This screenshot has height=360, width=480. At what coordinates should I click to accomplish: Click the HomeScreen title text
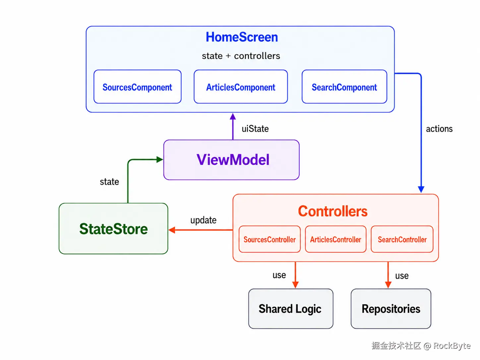[x=242, y=37]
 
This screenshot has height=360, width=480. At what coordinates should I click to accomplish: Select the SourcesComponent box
[x=137, y=87]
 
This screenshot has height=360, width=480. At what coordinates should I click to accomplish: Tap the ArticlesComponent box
[x=241, y=87]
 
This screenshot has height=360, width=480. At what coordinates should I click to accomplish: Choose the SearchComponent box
[x=344, y=87]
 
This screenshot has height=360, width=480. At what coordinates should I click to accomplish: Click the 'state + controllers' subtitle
[x=241, y=56]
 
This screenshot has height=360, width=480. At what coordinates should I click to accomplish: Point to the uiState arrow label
[x=255, y=129]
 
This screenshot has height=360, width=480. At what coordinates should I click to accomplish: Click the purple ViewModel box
[x=231, y=160]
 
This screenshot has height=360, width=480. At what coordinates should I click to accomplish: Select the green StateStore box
[x=113, y=228]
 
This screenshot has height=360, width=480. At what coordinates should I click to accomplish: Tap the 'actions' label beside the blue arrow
[x=439, y=129]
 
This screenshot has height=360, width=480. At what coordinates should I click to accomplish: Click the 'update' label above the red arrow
[x=204, y=220]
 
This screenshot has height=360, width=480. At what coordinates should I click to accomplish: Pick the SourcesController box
[x=270, y=239]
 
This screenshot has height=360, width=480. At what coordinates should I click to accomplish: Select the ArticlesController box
[x=335, y=239]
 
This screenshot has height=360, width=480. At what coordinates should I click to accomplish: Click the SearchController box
[x=402, y=239]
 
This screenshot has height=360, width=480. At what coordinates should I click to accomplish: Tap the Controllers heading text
[x=332, y=211]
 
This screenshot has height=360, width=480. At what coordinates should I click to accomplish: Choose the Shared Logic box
[x=291, y=309]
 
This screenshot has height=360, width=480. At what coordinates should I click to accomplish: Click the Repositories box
[x=391, y=309]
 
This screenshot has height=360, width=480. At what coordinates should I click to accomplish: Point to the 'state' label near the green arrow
[x=109, y=182]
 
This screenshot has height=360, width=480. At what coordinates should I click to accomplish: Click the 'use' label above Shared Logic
[x=279, y=275]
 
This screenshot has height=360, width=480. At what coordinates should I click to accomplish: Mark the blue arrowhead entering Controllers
[x=421, y=189]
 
